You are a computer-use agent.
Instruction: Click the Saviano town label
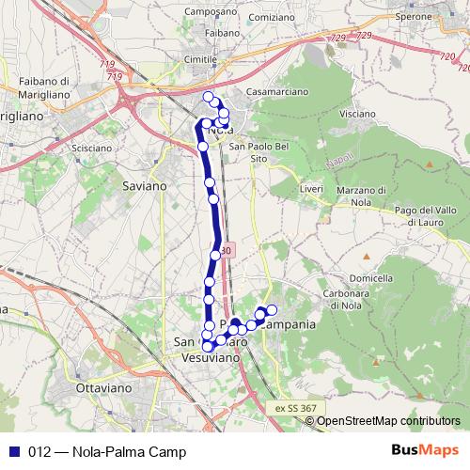tap(144, 186)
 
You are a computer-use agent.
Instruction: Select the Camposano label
tap(211, 12)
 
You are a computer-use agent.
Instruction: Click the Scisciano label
tap(92, 148)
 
